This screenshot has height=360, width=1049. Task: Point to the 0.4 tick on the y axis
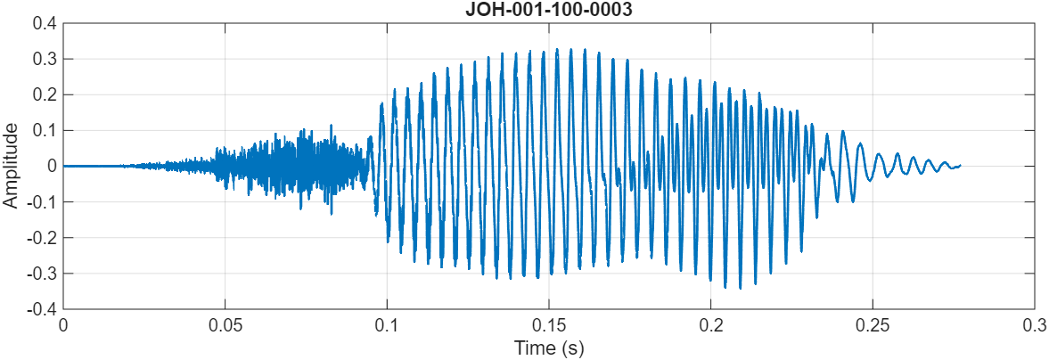44,23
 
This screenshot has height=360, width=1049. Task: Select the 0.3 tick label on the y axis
44,59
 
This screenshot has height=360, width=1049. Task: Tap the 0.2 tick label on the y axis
44,94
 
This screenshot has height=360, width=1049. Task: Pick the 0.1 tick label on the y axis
44,130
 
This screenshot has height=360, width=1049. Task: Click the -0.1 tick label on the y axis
41,201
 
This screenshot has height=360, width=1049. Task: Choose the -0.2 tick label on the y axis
41,237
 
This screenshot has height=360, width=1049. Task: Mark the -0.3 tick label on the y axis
41,273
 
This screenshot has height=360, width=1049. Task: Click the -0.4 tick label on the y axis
41,308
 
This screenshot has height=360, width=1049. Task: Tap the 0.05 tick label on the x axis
225,325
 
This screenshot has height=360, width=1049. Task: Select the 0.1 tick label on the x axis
387,325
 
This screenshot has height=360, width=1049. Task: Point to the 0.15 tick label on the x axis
549,325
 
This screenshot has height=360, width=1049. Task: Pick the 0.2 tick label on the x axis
711,325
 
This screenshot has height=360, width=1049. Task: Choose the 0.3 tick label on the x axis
1035,325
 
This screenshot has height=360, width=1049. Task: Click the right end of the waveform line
960,165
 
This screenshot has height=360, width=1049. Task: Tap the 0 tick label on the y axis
52,166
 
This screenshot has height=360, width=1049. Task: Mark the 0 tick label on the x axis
63,325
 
